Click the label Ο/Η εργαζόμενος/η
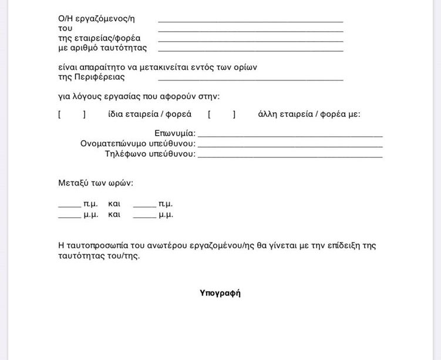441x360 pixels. (x=100, y=19)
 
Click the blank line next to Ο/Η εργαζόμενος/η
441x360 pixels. (x=250, y=21)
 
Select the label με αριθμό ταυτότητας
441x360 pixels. (x=102, y=48)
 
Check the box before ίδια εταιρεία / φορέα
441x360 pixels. (x=72, y=115)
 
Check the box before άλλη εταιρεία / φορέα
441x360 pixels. (x=221, y=115)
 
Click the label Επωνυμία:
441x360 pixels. (x=175, y=133)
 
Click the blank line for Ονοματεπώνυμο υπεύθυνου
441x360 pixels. (x=290, y=145)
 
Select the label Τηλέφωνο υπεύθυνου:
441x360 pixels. (x=150, y=154)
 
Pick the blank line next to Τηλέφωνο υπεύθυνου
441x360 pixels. (x=290, y=156)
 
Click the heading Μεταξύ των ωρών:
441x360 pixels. (x=96, y=183)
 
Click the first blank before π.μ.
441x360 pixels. (x=69, y=206)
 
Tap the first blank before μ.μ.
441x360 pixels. (x=69, y=217)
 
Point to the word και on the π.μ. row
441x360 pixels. (x=115, y=204)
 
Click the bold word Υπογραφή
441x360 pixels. (x=220, y=293)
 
